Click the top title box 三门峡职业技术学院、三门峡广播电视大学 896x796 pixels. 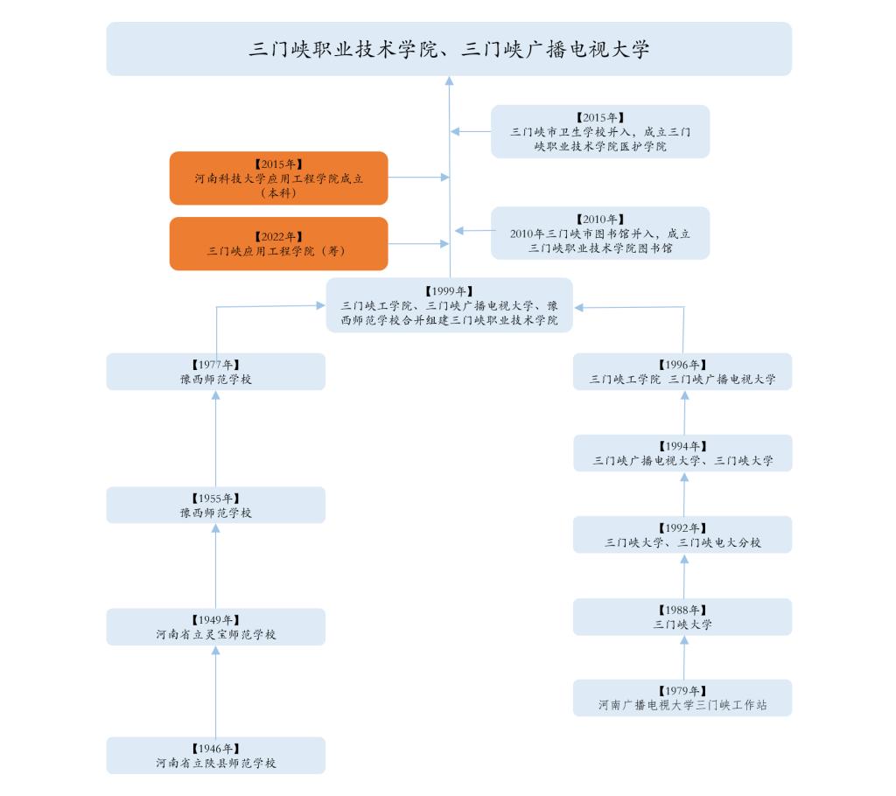point(449,49)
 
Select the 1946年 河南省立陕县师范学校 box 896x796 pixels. point(216,756)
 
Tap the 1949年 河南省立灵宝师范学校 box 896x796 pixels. point(216,626)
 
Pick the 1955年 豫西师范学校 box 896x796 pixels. point(216,505)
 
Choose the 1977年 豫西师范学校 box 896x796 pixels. point(216,372)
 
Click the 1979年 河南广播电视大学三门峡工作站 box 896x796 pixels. point(682,697)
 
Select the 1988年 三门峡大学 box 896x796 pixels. point(682,617)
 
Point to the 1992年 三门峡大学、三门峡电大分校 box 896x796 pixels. point(682,534)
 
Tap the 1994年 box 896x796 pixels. point(682,453)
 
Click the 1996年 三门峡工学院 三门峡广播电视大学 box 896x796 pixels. point(682,372)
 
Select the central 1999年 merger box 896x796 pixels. point(449,305)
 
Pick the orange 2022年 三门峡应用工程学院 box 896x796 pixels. point(278,243)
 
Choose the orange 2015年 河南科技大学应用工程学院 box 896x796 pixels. point(278,178)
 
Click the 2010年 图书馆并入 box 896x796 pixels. point(600,233)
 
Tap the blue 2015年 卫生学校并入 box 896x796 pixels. point(600,131)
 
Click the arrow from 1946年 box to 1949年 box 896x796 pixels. point(216,691)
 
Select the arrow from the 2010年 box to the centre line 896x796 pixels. point(472,231)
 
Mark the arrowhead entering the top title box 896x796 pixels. point(450,81)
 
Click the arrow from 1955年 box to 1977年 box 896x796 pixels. point(216,437)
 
